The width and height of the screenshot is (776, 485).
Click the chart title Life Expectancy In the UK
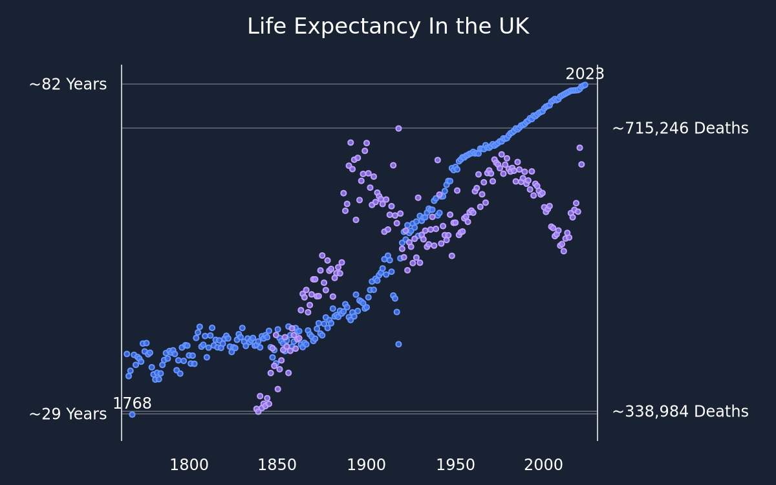tap(389, 27)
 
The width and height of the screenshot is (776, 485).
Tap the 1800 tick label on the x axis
tap(189, 465)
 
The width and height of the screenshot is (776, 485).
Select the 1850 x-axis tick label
tap(277, 465)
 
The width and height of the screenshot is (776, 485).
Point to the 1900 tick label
tap(366, 465)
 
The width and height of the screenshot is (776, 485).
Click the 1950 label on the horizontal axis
tap(455, 465)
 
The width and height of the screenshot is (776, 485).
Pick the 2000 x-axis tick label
tap(544, 465)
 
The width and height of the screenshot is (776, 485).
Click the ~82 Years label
tap(68, 85)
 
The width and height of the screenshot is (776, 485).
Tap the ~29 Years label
tap(68, 415)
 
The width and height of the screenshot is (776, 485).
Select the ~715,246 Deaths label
tap(680, 129)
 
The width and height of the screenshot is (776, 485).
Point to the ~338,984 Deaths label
tap(680, 412)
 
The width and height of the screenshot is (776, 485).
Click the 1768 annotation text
tap(133, 404)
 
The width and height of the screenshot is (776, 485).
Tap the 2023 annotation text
tap(585, 74)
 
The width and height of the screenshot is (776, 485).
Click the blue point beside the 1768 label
tap(132, 415)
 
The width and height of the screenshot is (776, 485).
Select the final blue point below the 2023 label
tap(585, 85)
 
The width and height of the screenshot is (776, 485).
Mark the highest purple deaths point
tap(398, 129)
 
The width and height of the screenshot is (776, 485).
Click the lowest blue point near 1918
tap(398, 344)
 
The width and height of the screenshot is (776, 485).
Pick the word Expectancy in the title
tap(357, 27)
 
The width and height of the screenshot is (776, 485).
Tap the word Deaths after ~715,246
tap(721, 129)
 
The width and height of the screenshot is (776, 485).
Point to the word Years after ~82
tap(86, 85)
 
